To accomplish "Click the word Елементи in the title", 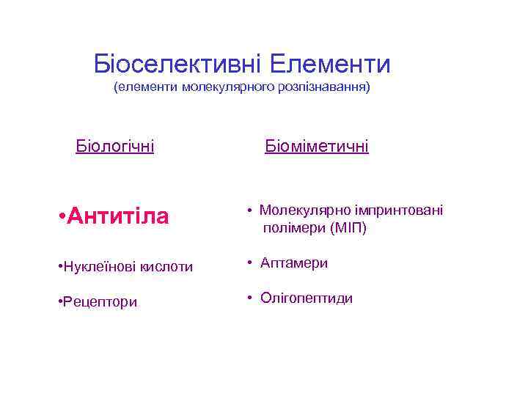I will [330, 65].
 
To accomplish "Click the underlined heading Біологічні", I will [115, 147].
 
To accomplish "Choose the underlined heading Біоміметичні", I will [317, 147].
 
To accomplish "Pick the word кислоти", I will [165, 266].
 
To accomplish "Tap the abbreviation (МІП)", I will [349, 228].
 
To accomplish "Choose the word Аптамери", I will [294, 263].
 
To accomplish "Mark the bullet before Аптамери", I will [249, 263].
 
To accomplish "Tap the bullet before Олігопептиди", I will [249, 298].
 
